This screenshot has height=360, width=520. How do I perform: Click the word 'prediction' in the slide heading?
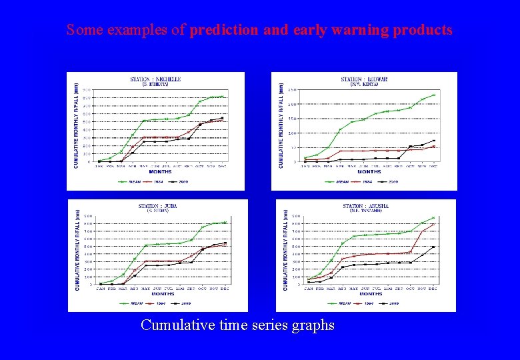point(221,30)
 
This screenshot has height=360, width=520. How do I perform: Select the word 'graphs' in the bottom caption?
point(312,326)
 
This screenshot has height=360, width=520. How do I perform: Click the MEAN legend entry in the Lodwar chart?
point(343,181)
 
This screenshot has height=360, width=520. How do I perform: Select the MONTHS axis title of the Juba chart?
point(162,293)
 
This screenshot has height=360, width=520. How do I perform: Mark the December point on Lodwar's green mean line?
point(433,95)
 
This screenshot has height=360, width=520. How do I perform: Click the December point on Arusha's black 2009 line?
point(433,247)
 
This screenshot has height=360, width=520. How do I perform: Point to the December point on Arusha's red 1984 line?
point(433,225)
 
